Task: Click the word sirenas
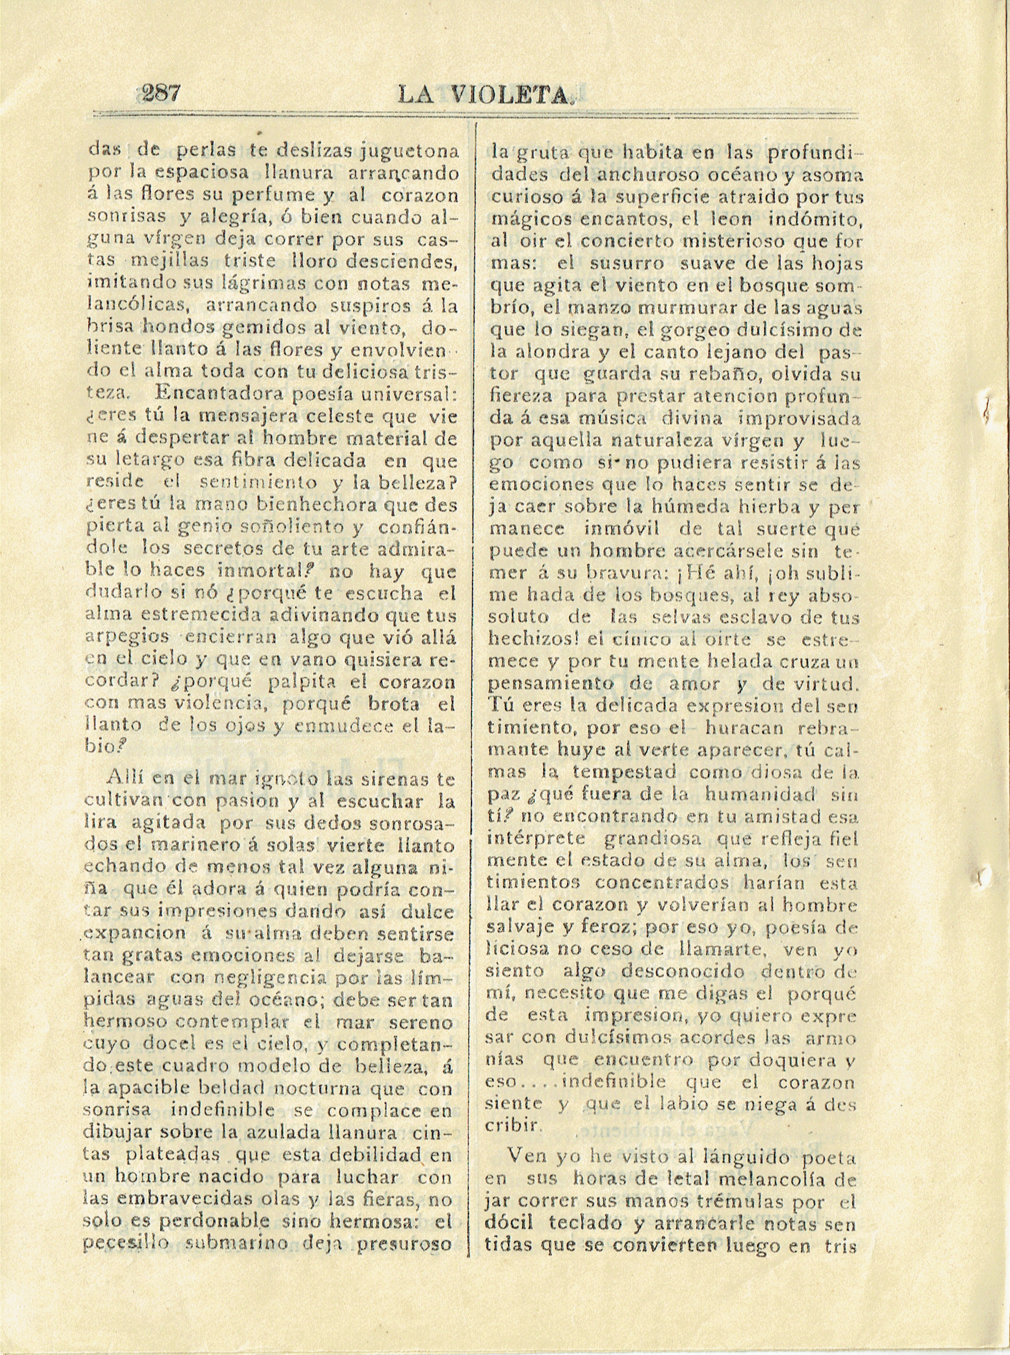384,780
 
